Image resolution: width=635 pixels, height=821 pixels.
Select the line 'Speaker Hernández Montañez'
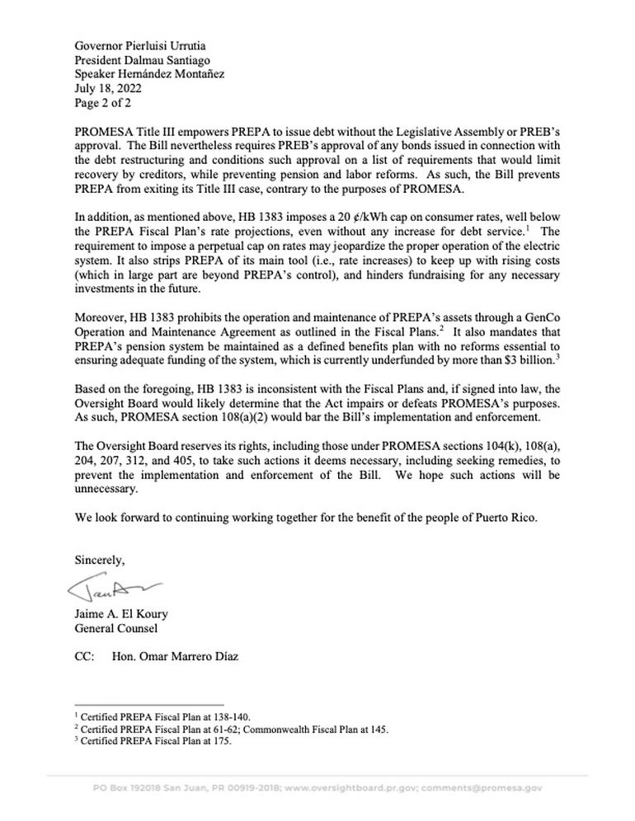tap(149, 73)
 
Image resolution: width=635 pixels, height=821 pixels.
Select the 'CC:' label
tap(84, 659)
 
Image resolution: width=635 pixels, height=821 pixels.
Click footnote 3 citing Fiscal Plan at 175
tap(153, 741)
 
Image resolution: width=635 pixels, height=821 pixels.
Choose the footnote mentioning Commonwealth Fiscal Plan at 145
tap(232, 730)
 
